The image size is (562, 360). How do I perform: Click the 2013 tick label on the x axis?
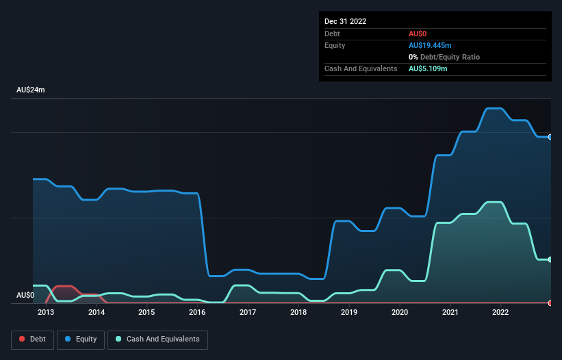coord(46,313)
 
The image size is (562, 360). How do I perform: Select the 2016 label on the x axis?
coord(197,313)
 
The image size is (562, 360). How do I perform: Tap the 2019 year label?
coord(349,313)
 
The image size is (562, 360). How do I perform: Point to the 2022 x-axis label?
coord(500,313)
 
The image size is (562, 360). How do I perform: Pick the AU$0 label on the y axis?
coord(25,296)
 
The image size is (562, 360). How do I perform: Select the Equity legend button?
coord(81,339)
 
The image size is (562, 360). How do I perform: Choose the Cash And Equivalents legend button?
coord(157,339)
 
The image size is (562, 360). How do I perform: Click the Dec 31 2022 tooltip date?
coord(345,21)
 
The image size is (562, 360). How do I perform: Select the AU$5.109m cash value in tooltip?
coord(428,68)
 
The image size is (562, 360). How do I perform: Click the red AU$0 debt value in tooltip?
coord(418,34)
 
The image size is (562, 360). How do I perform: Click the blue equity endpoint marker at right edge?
coord(550,137)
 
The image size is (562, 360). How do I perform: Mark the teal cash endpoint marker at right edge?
coord(550,259)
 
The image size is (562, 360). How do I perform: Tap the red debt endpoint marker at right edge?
coord(550,303)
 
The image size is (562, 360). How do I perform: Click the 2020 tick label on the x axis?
coord(400,313)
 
